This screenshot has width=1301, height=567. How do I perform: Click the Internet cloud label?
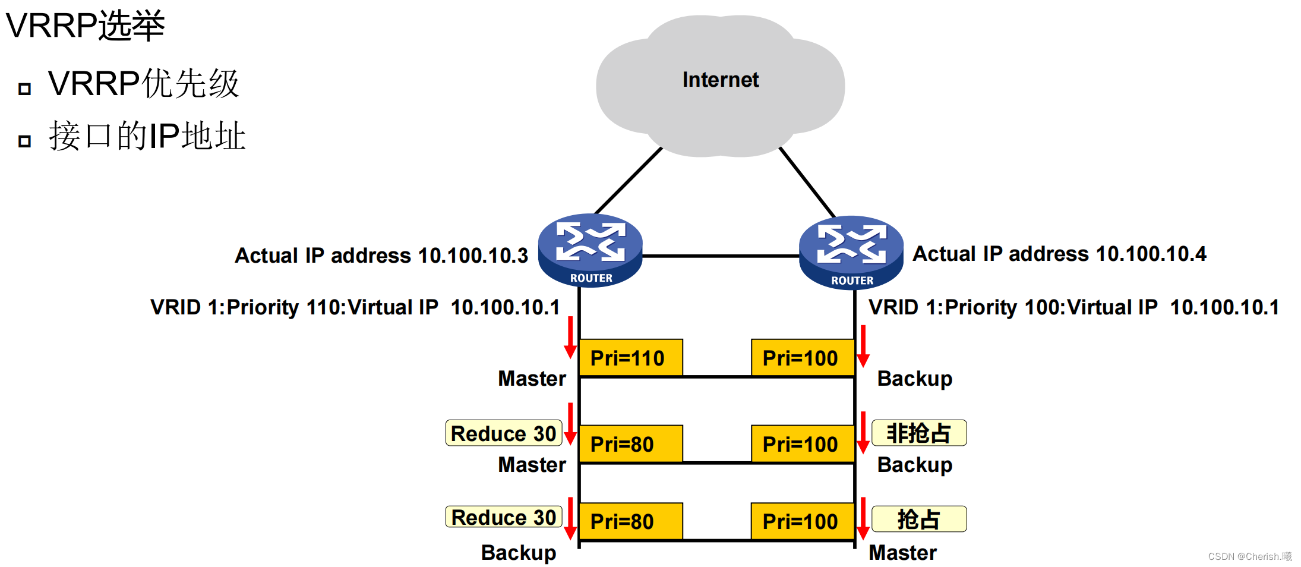pos(720,80)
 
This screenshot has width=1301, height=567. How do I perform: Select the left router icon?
pos(590,250)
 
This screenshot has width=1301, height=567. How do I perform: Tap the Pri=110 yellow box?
pos(630,358)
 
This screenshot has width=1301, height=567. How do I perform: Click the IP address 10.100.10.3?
pos(473,256)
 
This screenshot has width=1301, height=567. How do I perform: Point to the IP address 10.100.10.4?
pos(1151,254)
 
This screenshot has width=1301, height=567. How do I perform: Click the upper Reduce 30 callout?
pos(503,433)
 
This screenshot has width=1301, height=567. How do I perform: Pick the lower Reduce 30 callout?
pos(503,517)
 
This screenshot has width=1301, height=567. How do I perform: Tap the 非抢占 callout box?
pos(918,433)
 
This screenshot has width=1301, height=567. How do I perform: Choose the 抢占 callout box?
pos(918,519)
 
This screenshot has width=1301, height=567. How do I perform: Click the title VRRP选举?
pos(85,26)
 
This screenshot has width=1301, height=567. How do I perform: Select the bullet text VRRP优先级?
pos(143,83)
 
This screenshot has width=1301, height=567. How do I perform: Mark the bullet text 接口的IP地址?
pos(147,136)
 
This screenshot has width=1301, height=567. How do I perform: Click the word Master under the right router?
pos(902,553)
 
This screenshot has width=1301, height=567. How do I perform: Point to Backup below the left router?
pos(518,553)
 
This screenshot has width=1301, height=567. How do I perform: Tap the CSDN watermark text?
pos(1249,556)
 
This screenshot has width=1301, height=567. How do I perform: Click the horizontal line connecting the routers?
pos(720,256)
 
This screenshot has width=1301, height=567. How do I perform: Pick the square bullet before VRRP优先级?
pos(24,89)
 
